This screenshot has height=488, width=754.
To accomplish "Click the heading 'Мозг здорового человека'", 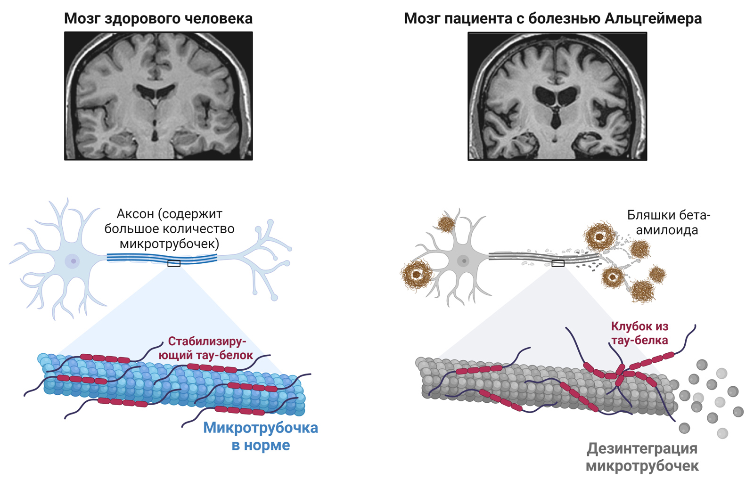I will pos(158,18).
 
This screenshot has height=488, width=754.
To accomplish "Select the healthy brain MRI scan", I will pos(158,96).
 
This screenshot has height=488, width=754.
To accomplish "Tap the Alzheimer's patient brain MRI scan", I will pos(557,97).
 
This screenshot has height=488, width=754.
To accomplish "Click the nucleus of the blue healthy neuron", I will pos(73,261).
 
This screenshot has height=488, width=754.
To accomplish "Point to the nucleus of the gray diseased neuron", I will pos(464,260).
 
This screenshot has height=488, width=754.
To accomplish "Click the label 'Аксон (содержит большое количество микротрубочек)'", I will pos(170,229).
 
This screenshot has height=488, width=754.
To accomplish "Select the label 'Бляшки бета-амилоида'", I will pos(668,222).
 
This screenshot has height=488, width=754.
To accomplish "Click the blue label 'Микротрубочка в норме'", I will pos(261,436).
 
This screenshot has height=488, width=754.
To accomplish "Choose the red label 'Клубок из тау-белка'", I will pos(639,333).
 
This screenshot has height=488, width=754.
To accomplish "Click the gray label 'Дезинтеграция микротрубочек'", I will pos(642,457).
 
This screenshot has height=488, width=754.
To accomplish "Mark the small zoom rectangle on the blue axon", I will pos(174,263).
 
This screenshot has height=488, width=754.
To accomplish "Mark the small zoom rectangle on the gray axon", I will pos(558,263).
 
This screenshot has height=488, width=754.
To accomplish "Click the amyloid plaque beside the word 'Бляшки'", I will pos(599,236).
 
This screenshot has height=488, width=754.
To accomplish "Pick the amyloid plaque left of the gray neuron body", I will pos(417,276).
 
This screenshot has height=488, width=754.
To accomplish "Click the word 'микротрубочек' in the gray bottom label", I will pos(642,466).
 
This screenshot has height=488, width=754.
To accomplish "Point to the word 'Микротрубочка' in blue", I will pos(261,428).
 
